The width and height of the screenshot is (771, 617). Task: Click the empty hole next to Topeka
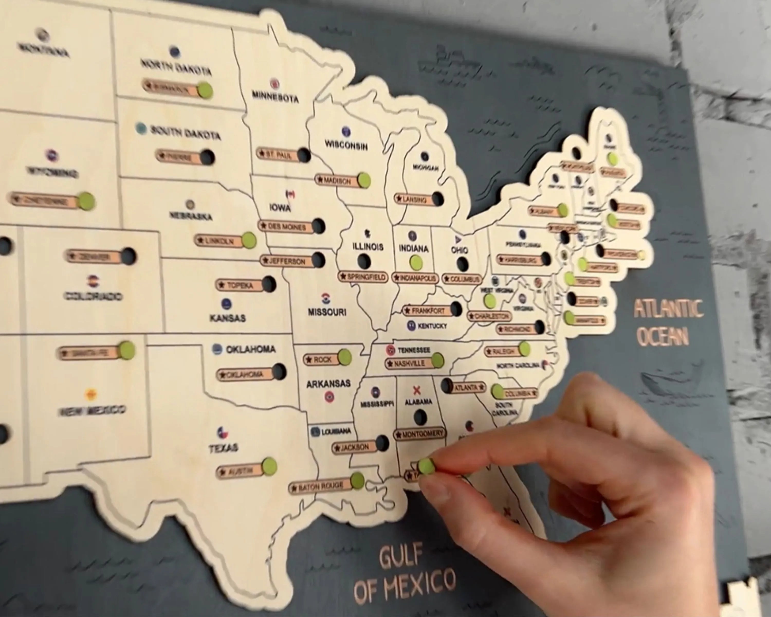[x=269, y=284]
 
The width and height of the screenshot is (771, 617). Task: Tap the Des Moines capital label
[x=287, y=227]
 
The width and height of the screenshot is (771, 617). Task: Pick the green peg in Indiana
[x=416, y=263]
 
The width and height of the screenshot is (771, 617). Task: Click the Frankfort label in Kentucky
[x=428, y=311]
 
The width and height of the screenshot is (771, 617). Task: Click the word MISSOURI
[x=327, y=312]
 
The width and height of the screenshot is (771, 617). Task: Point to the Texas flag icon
[x=222, y=432]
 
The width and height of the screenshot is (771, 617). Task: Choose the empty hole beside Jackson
[x=382, y=443]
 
